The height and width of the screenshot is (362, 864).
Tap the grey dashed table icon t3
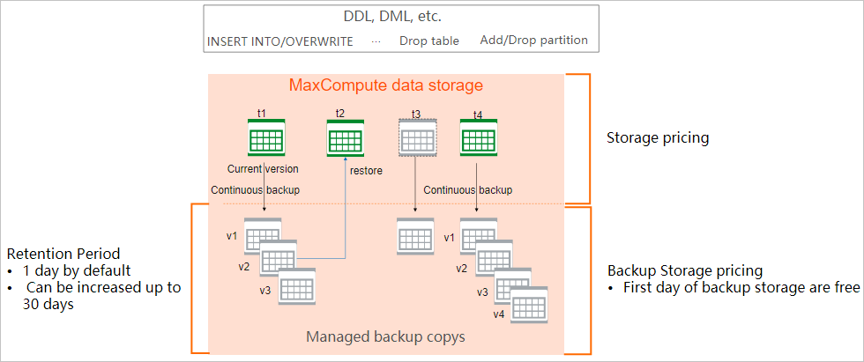tap(416, 140)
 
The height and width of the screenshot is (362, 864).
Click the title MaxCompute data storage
tap(386, 86)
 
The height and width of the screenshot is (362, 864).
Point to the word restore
tap(366, 171)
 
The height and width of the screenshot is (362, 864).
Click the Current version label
tap(263, 169)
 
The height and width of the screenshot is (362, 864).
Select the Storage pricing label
tap(658, 138)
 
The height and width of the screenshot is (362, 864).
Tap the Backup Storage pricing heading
tap(685, 270)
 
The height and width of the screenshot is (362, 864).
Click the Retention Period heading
tap(62, 254)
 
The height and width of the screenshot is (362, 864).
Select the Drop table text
tap(428, 41)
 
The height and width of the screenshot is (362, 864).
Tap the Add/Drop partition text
tap(534, 41)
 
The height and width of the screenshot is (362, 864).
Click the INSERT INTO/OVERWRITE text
tap(279, 41)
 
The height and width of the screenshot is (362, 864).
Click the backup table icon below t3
tap(416, 236)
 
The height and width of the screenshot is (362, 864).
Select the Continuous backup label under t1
tap(255, 189)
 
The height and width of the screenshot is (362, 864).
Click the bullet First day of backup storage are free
tap(741, 287)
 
